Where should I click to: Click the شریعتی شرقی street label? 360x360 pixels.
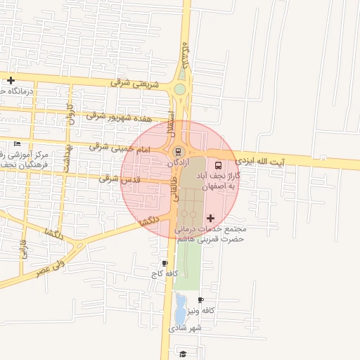point(135,83)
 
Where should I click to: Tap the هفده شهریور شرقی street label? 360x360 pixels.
point(115,115)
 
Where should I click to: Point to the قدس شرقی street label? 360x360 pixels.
point(119,179)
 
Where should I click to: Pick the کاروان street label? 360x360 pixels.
point(70,114)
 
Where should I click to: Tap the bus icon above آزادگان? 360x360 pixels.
point(178,151)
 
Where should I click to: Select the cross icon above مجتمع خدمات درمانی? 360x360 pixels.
point(210,219)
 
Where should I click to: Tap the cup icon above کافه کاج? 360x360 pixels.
point(165,263)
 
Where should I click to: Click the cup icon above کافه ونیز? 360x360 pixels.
point(202,300)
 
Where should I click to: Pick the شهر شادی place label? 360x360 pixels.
point(185,328)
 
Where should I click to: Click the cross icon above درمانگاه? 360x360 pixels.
point(11,80)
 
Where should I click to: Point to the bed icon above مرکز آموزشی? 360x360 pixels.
point(17,143)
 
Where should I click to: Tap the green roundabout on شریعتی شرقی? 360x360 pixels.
point(180,89)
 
